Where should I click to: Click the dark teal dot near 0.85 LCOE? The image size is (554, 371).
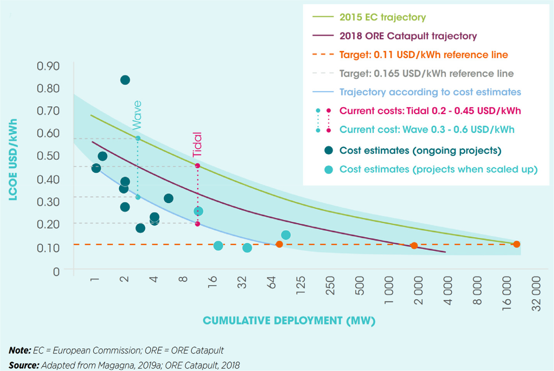(125, 80)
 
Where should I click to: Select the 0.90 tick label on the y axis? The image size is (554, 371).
(48, 66)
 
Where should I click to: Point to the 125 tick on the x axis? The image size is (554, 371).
(301, 285)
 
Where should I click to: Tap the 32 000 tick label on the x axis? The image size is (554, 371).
(536, 294)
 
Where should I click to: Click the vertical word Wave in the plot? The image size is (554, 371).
(137, 115)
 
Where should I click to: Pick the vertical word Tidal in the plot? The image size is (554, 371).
(197, 145)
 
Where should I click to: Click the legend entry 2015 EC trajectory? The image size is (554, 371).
(382, 17)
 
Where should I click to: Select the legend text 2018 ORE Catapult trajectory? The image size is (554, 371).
(408, 36)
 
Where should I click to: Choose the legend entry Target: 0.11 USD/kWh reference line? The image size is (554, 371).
(423, 55)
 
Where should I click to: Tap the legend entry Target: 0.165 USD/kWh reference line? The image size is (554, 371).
(426, 73)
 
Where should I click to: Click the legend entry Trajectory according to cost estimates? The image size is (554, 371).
(430, 92)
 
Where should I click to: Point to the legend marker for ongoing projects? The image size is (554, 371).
(329, 150)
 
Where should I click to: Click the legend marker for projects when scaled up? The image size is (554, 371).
(329, 169)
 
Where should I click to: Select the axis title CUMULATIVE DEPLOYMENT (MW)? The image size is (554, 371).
(289, 320)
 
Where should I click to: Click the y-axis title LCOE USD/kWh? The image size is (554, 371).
(13, 160)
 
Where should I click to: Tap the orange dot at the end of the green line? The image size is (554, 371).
(517, 244)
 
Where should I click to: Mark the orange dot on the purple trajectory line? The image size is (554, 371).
(414, 246)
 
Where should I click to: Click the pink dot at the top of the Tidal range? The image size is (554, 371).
(197, 166)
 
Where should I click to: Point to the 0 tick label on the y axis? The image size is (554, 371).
(56, 272)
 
